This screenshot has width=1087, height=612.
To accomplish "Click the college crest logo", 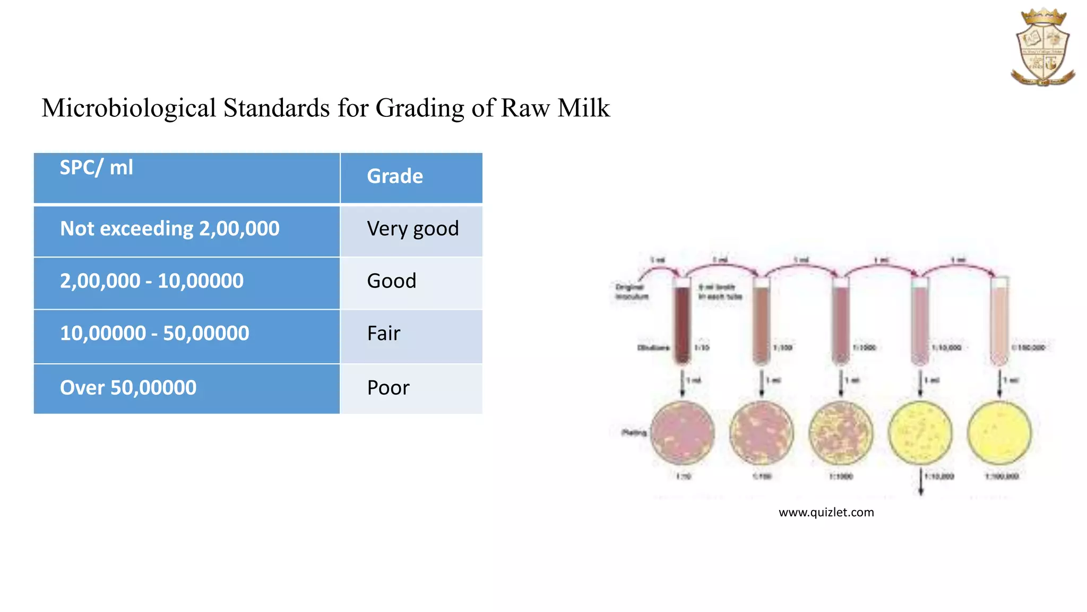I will pos(1042,47).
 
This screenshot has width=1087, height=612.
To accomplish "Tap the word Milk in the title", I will pos(583,108).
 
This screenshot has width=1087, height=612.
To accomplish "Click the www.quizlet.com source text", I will pos(826,513).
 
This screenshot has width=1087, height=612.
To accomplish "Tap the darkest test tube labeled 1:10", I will pos(682,321).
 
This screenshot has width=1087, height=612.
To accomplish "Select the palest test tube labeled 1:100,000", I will pos(999,321).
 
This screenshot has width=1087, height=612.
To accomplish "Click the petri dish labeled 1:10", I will pos(683,433).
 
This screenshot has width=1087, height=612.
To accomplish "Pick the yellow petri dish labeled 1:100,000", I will pos(999,433).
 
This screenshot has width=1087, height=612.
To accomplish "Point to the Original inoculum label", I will pos(631,292).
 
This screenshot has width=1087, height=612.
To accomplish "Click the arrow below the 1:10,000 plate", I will pos(921,482).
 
